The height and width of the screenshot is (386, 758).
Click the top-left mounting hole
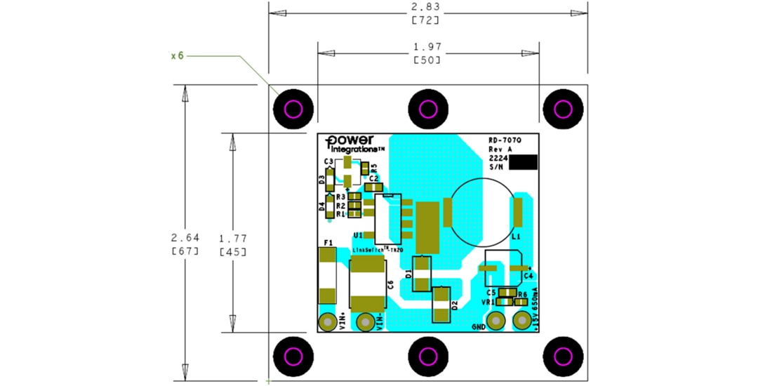(x=293, y=109)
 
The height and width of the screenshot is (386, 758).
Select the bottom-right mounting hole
(x=564, y=356)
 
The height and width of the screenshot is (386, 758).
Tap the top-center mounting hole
(x=428, y=109)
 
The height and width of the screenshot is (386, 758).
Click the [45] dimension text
(x=232, y=251)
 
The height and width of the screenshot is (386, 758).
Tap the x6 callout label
(x=177, y=55)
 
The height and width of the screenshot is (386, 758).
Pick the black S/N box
(x=523, y=162)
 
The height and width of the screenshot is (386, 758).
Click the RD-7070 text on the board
(x=505, y=140)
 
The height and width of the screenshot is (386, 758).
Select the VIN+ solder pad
(x=327, y=322)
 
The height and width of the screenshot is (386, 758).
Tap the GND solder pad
(x=496, y=321)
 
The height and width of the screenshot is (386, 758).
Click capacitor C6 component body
(x=367, y=284)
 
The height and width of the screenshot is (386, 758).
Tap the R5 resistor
(x=366, y=168)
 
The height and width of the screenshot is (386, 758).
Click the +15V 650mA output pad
(x=521, y=321)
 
